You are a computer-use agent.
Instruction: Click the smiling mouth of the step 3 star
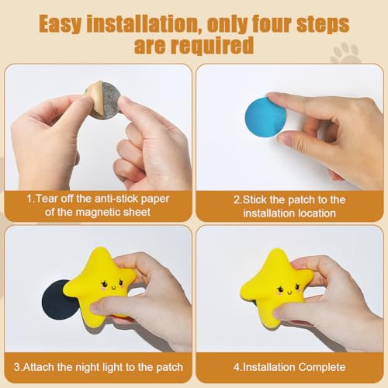click(113, 287)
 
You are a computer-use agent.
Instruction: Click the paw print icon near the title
click(346, 54)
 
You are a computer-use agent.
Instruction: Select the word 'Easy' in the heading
click(60, 24)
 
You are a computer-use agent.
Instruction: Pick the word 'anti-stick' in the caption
click(116, 199)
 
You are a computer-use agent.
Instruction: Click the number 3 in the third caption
click(16, 367)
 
